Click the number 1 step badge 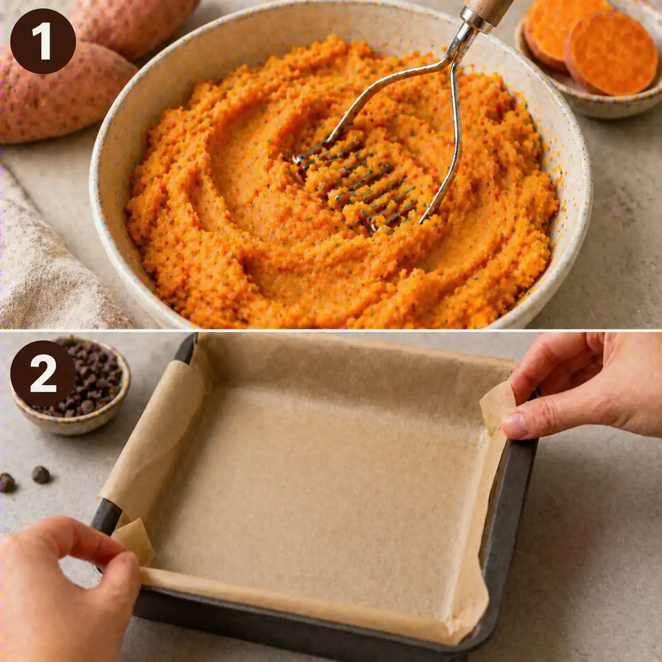pos(43,41)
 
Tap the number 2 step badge pos(43,374)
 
